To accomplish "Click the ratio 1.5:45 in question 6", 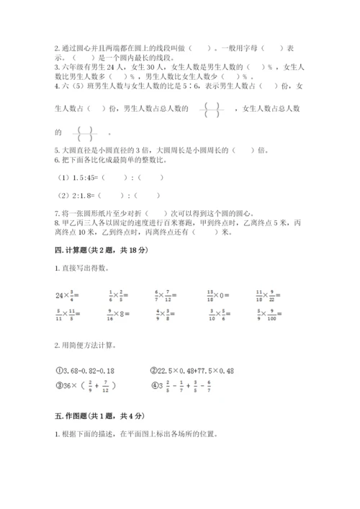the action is point(77,178).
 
